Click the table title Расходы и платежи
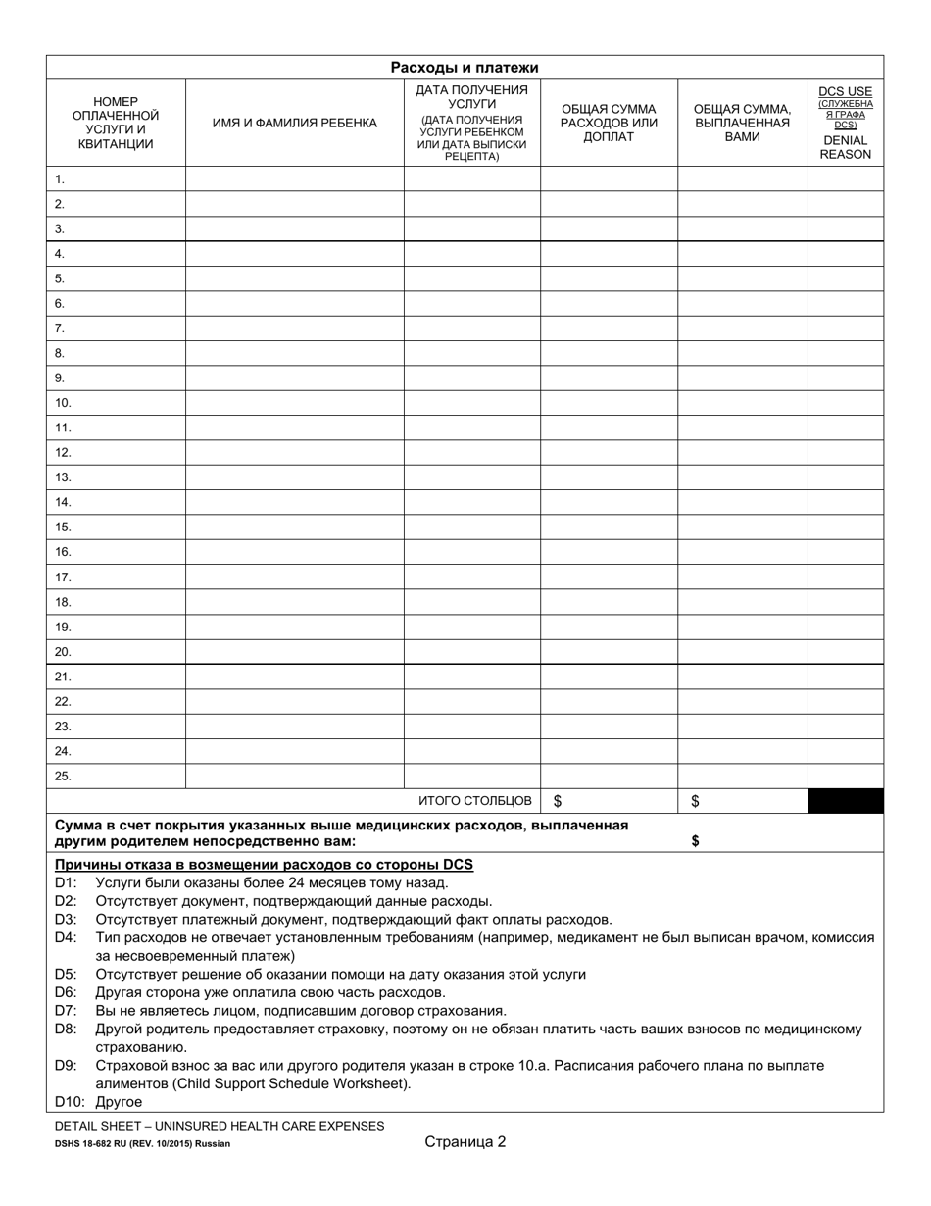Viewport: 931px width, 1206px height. pos(465,68)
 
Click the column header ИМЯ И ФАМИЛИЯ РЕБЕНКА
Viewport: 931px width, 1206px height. pos(294,124)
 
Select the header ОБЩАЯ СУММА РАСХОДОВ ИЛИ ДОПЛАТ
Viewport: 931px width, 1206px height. pos(609,124)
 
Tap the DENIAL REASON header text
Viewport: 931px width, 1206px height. pos(845,147)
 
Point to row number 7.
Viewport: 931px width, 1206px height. pos(60,328)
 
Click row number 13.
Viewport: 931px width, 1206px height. pos(63,477)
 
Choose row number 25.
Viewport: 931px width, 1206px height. pos(63,776)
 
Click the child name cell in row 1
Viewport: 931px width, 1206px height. pos(294,179)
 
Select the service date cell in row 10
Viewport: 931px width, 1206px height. pos(471,403)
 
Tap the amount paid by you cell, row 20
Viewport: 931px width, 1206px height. pos(742,652)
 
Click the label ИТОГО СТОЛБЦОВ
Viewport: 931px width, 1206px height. pos(475,801)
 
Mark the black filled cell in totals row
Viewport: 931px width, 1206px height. pos(845,801)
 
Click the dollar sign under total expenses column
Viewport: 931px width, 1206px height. pos(559,801)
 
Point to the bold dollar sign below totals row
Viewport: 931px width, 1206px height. pos(696,841)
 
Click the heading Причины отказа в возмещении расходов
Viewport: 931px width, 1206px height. pos(264,865)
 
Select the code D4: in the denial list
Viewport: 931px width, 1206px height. pos(66,937)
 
